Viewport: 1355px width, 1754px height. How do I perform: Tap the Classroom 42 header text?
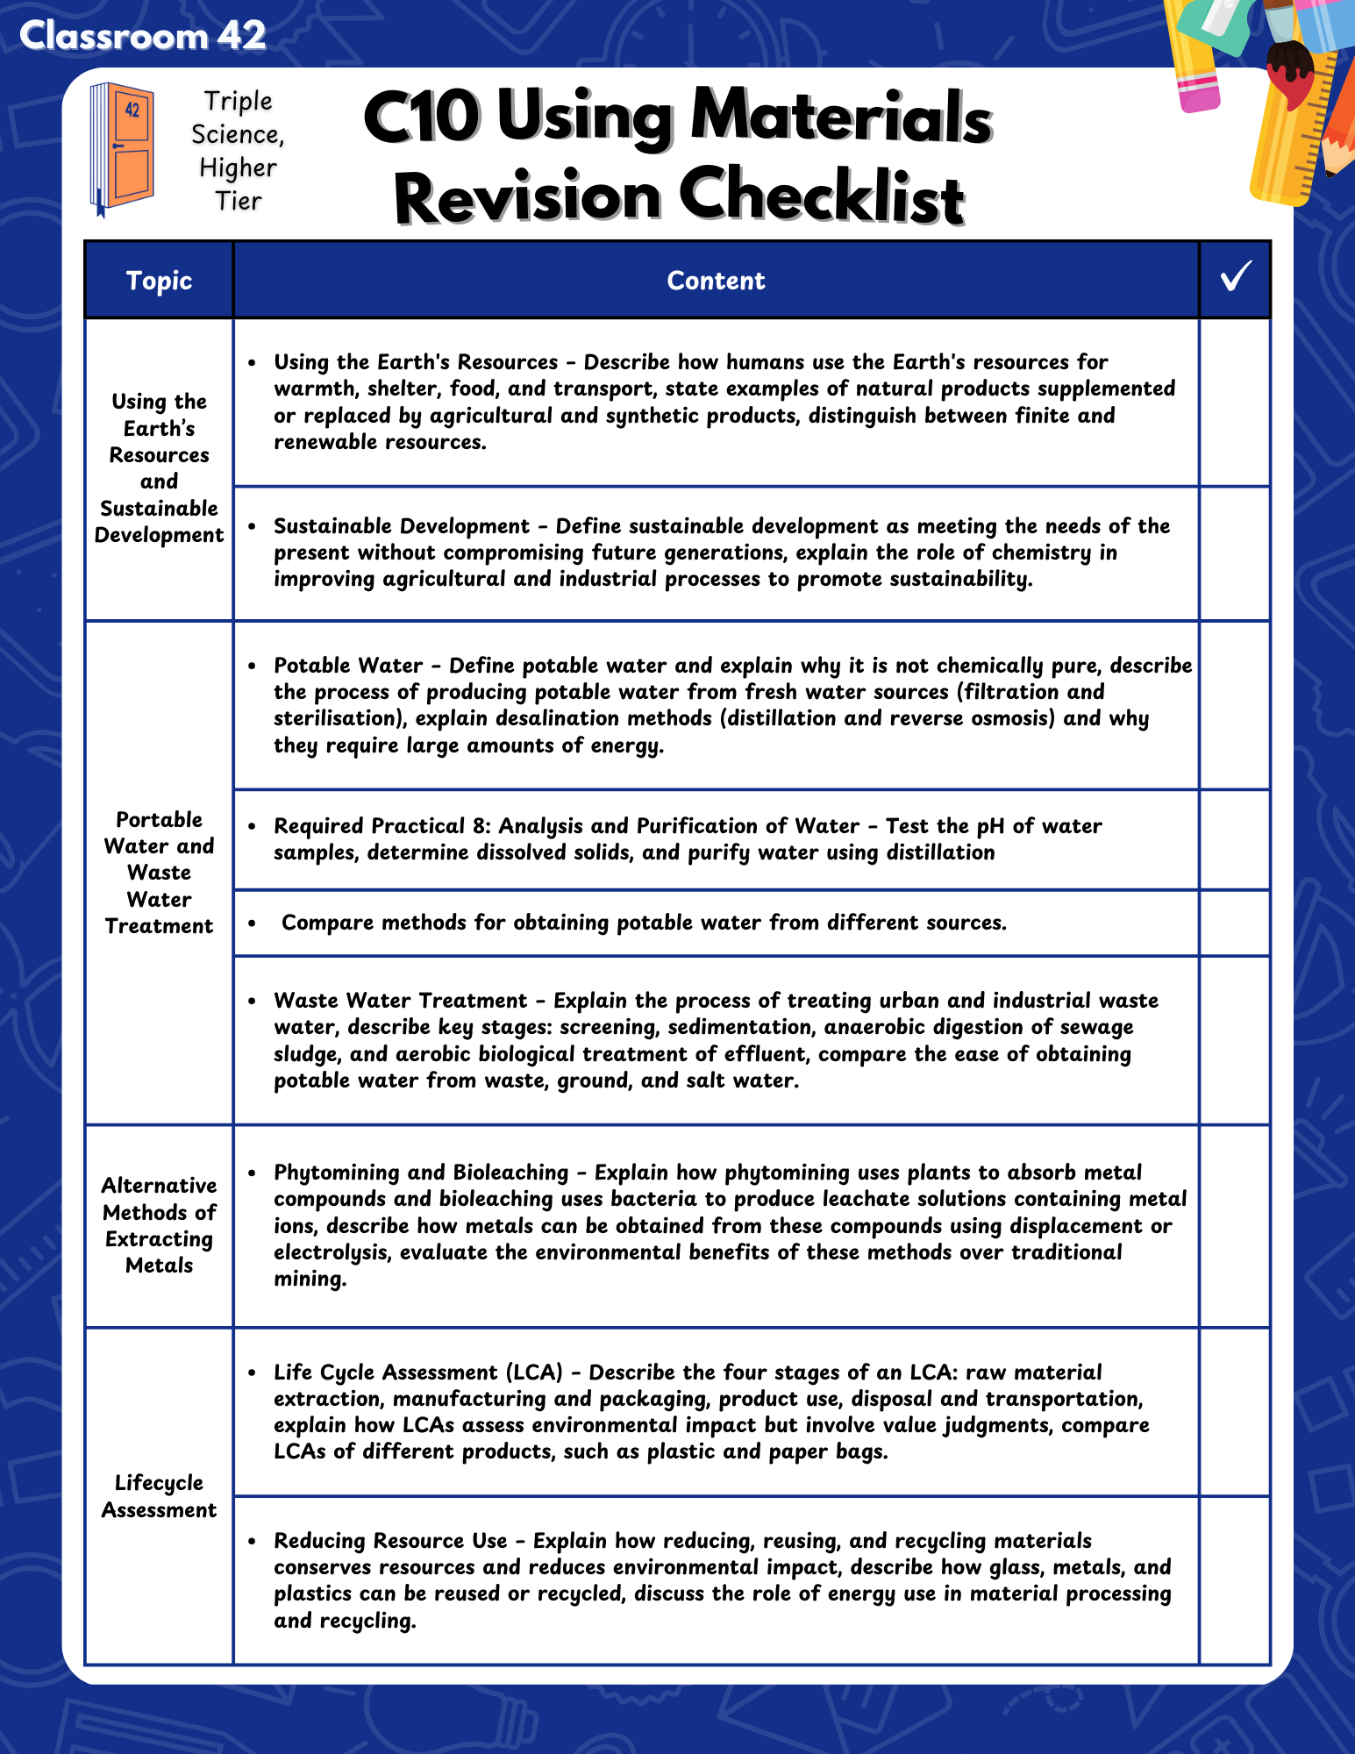click(x=142, y=36)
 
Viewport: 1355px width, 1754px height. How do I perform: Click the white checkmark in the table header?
click(x=1235, y=277)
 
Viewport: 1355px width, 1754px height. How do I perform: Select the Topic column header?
click(x=159, y=281)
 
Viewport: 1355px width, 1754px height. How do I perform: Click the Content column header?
click(x=716, y=281)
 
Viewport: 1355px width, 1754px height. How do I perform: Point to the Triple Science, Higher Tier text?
click(x=238, y=151)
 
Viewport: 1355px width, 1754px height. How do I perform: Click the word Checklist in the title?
click(x=822, y=196)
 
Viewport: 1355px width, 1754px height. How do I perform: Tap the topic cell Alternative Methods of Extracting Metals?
click(x=159, y=1225)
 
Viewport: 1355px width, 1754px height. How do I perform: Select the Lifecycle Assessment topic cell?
click(x=159, y=1496)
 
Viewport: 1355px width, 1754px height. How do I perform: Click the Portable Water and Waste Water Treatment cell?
click(x=159, y=873)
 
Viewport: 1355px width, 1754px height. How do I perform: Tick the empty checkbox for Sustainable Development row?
click(x=1235, y=553)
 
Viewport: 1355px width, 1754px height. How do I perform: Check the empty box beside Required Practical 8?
click(x=1235, y=839)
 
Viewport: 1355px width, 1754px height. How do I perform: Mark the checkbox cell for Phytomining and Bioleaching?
click(x=1235, y=1225)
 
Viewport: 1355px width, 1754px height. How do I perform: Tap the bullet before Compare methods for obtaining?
click(x=253, y=923)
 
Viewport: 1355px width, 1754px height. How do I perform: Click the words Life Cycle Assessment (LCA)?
click(x=418, y=1373)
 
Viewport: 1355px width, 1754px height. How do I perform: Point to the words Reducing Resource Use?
click(x=390, y=1541)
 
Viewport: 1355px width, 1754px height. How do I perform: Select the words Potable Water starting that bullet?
click(x=348, y=666)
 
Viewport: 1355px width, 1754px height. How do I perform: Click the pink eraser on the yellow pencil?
click(x=1198, y=93)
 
